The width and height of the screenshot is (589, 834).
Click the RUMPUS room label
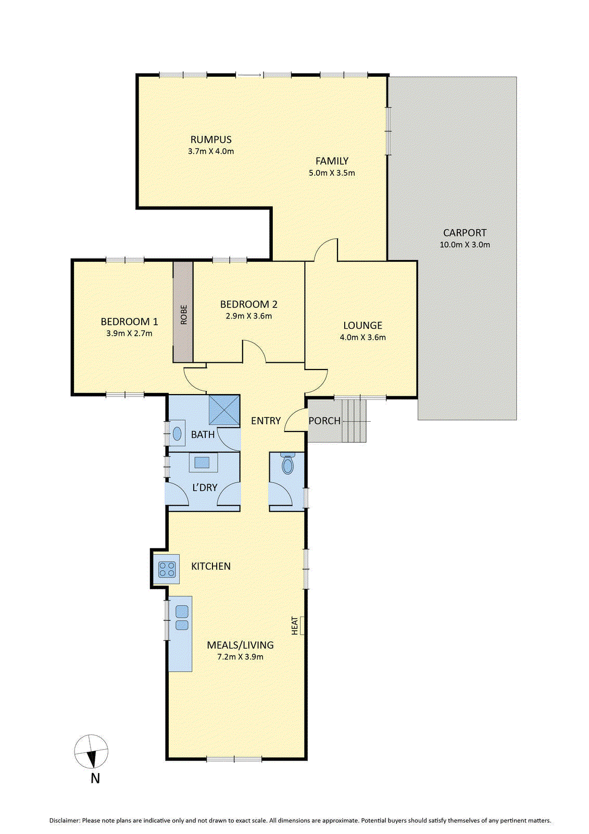click(211, 140)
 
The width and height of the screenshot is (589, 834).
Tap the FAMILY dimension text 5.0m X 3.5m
click(332, 173)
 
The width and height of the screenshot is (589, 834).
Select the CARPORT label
click(465, 232)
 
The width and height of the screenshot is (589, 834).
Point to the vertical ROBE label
click(183, 315)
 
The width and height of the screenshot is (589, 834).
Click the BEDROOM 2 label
click(248, 304)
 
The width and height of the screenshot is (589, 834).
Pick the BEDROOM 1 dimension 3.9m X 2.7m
click(129, 333)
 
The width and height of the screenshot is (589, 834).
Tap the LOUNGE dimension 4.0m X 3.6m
click(363, 337)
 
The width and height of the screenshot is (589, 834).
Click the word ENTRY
click(266, 421)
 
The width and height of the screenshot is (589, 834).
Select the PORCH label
click(324, 421)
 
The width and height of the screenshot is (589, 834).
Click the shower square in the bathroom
click(224, 410)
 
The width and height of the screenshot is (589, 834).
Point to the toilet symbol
click(287, 463)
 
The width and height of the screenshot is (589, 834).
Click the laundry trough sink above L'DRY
click(202, 463)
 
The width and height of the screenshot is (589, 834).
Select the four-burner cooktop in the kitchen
click(167, 569)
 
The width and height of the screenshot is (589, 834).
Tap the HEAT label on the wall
click(294, 625)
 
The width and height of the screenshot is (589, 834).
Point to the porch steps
click(354, 420)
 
